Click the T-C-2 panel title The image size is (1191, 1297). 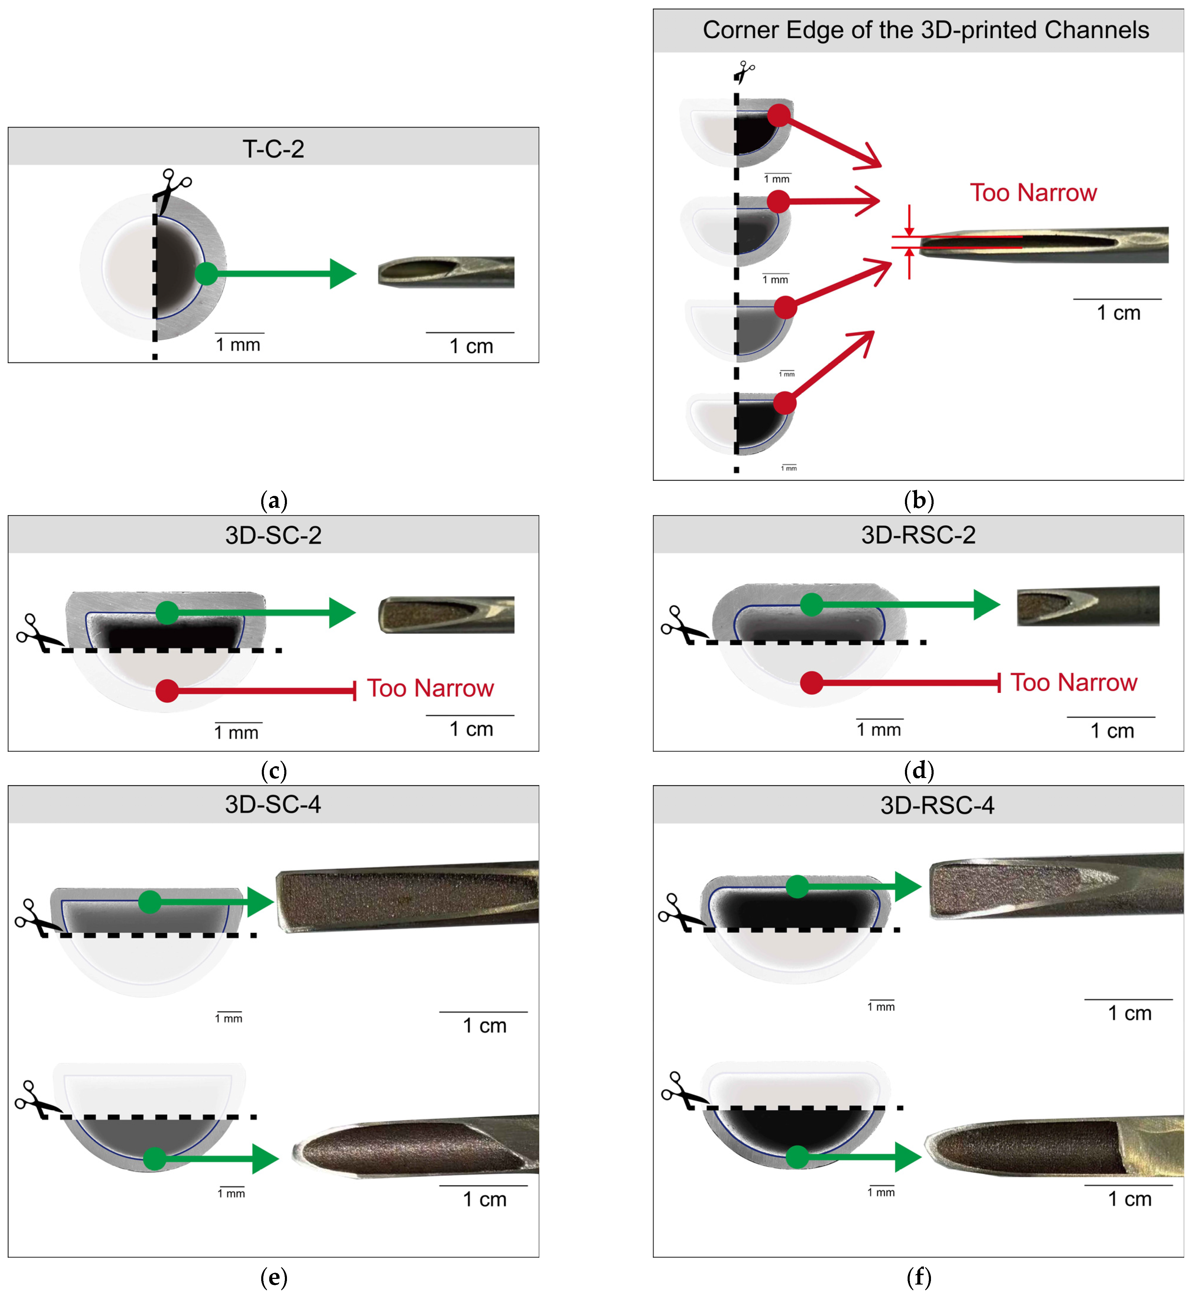273,149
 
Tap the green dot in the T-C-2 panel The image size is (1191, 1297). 206,273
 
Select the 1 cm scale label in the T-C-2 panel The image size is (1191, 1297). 471,346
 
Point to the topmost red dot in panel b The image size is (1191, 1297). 779,115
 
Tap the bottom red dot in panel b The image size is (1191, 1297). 784,403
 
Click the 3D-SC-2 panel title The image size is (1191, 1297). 273,535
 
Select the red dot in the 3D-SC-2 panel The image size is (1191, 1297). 167,691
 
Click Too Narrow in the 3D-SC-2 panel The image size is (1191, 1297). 430,688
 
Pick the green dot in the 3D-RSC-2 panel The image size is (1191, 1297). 811,604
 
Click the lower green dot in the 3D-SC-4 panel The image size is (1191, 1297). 155,1159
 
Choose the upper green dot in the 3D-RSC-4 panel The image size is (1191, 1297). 797,887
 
